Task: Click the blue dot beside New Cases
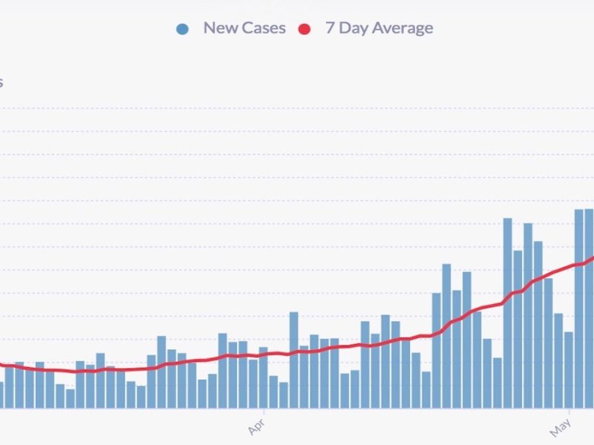click(x=183, y=29)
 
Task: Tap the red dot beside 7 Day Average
click(x=304, y=29)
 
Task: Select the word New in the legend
click(x=219, y=28)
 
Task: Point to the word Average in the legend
click(x=401, y=28)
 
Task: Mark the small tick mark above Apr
click(x=264, y=410)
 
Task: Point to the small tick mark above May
click(x=569, y=410)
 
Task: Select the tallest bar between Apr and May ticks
click(x=508, y=311)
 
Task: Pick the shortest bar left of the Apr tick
click(x=71, y=398)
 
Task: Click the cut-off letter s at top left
click(x=1, y=82)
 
